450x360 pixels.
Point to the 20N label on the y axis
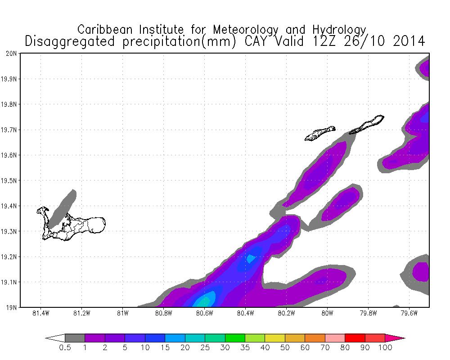tap(12, 54)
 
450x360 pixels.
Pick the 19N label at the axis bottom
tap(12, 308)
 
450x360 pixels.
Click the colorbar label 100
tap(385, 348)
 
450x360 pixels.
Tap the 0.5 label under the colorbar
tap(65, 348)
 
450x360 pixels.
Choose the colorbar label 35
tap(245, 348)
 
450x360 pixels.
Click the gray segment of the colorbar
tap(75, 338)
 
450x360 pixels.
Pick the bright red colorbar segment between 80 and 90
tap(355, 338)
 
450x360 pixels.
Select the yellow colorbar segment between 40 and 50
tap(275, 338)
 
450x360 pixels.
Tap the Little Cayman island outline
tap(319, 133)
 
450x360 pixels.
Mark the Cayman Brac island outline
tap(367, 124)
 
